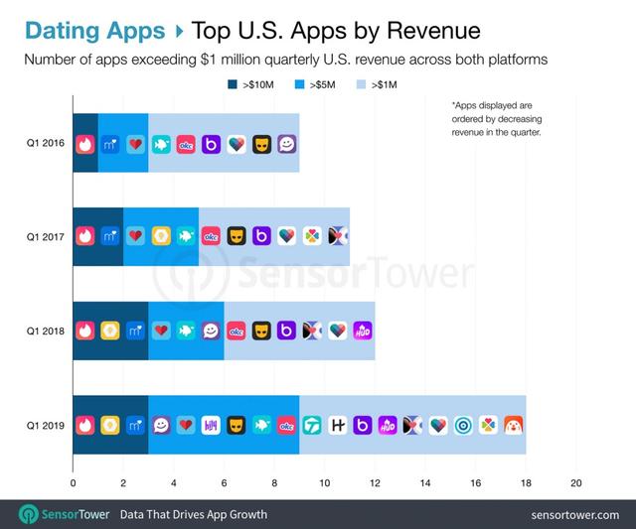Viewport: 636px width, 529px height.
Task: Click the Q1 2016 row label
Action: click(x=45, y=142)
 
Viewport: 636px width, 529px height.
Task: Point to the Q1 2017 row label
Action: click(x=45, y=236)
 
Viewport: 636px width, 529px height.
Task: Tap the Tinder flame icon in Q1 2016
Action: click(x=85, y=143)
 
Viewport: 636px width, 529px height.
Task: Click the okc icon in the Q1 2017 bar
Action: click(x=211, y=236)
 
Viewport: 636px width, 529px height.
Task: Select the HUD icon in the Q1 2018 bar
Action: click(x=363, y=331)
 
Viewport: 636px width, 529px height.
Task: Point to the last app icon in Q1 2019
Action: click(x=514, y=425)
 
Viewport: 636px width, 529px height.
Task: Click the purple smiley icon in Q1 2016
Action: click(x=287, y=143)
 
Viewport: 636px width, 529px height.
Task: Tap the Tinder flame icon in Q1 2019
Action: click(x=85, y=425)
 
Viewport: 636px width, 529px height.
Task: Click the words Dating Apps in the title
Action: click(x=93, y=31)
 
